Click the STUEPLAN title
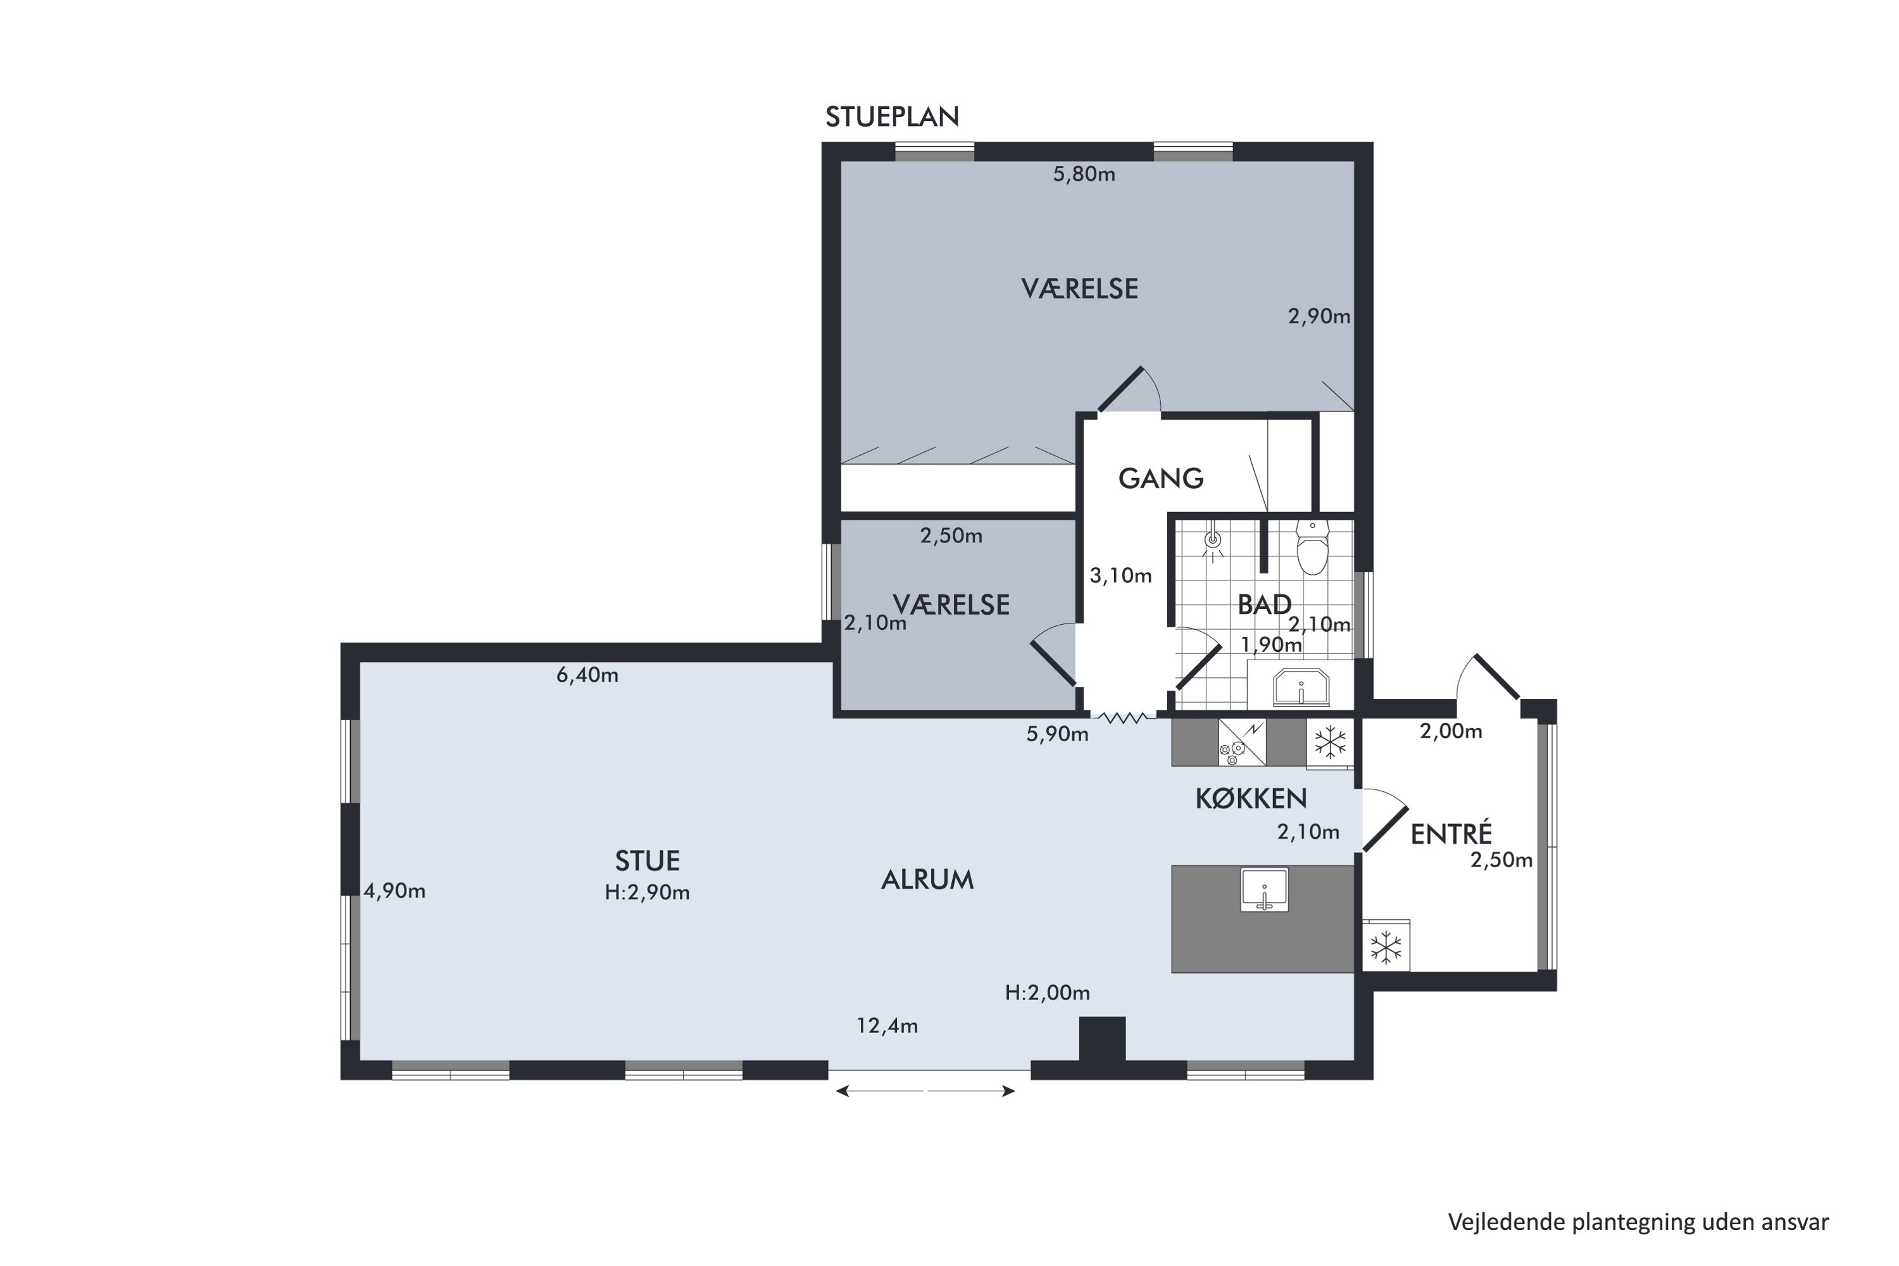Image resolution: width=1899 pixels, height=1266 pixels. coord(892,117)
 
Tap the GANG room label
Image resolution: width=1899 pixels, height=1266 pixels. coord(1161,479)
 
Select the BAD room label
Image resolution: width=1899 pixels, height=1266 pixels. coord(1264,604)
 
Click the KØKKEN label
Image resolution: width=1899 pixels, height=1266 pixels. coord(1251,798)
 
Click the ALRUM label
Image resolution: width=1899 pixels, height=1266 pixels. coord(927,880)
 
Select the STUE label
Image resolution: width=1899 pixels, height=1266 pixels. coord(648,861)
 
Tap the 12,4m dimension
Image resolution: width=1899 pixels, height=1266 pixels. coord(887,1026)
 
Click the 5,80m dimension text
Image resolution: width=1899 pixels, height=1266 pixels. coord(1084,175)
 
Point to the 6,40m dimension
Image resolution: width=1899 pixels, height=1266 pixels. coord(588,675)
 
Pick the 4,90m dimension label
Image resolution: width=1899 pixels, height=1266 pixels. coord(395,891)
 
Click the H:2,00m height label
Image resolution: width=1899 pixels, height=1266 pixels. coord(1047,993)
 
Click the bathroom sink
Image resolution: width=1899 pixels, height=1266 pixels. coord(1301,687)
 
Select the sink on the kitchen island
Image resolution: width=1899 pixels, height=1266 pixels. coord(1264,890)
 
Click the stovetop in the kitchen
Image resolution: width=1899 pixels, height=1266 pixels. coord(1242,742)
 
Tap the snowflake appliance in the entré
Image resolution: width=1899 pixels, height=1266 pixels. coord(1386,946)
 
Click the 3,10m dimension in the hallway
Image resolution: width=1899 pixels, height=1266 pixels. coord(1120,575)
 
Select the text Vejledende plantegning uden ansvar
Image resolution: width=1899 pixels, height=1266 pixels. coord(1638,1222)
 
